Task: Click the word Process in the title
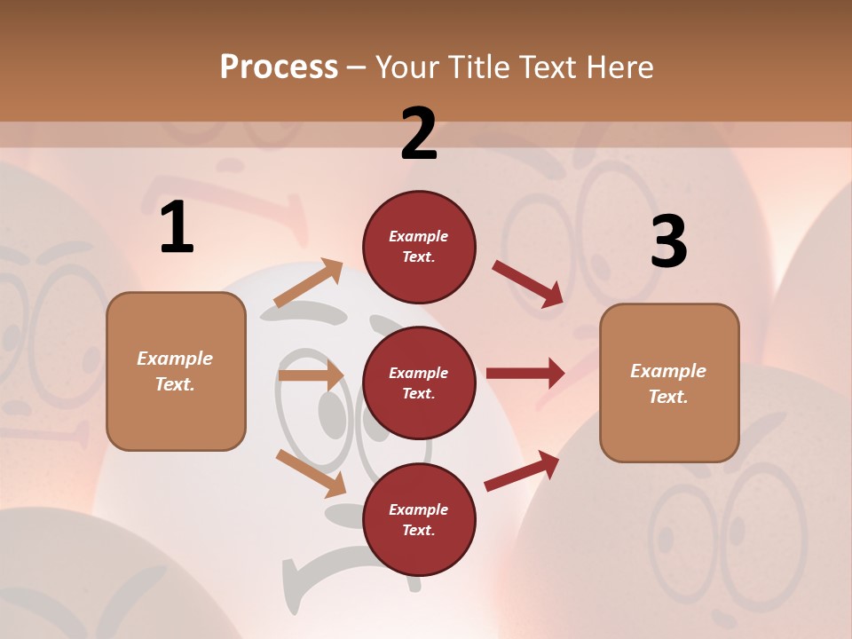click(279, 67)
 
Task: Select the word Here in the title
click(615, 67)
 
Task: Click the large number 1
click(177, 228)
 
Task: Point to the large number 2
click(419, 134)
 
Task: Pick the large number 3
click(668, 241)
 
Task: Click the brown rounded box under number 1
click(176, 371)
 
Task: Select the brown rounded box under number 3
click(669, 383)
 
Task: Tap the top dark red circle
click(419, 246)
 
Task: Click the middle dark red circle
click(419, 383)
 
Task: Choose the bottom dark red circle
click(419, 519)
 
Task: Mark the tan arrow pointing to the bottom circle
click(311, 473)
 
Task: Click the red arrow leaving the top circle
click(527, 284)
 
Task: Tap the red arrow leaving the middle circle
click(525, 374)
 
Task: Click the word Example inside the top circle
click(419, 236)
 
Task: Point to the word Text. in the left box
click(175, 384)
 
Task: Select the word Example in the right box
click(668, 371)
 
